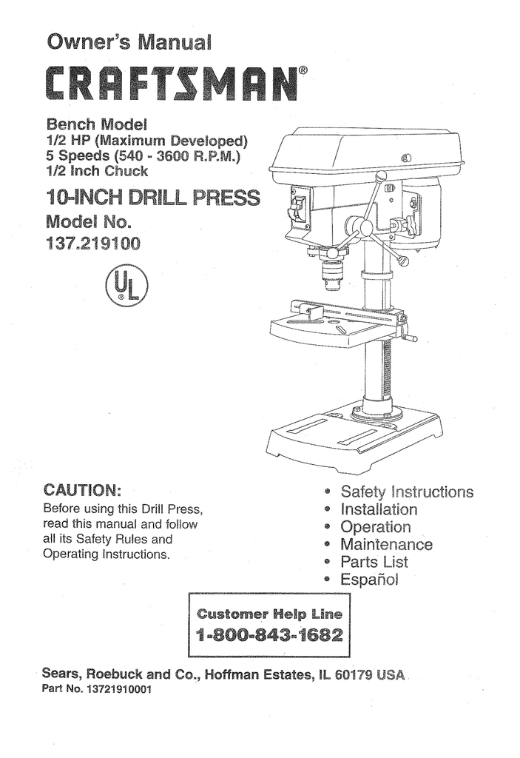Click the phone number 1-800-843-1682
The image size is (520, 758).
point(270,636)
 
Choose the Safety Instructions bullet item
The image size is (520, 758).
point(406,492)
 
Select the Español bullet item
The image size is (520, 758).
point(369,580)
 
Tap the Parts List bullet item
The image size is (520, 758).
point(374,562)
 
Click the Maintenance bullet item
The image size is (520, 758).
point(386,545)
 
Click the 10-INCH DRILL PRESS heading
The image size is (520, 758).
point(152,198)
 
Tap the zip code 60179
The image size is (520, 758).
point(356,675)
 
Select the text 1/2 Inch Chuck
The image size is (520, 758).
point(97,171)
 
